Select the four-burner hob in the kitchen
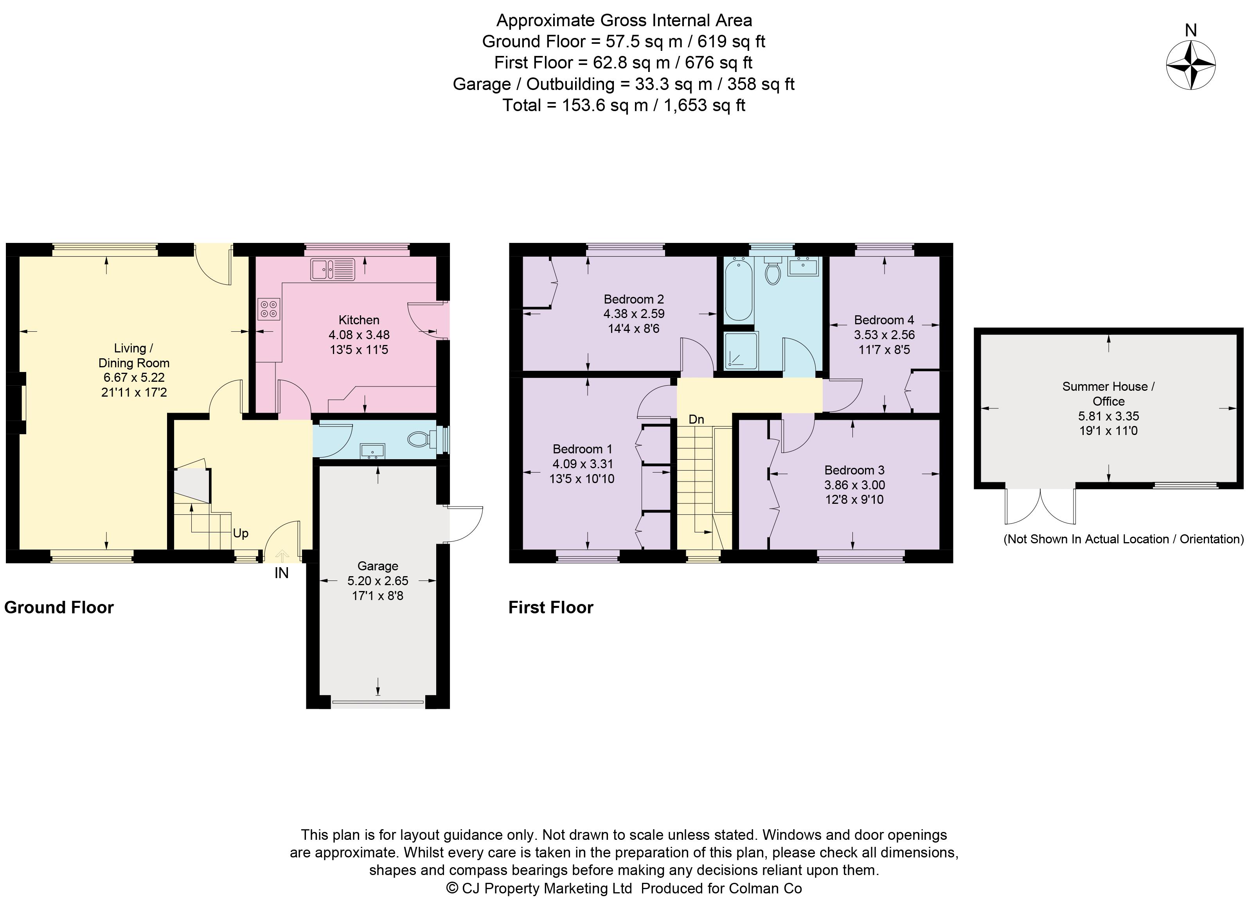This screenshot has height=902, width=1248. click(x=268, y=309)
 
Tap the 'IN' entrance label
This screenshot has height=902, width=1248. click(x=281, y=573)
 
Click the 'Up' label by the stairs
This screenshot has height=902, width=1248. click(x=241, y=533)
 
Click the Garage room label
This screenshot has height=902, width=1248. click(x=378, y=566)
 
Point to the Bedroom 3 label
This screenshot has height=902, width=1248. click(x=854, y=470)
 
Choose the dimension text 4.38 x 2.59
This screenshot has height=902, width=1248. click(x=634, y=314)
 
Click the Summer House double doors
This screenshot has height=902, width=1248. click(x=1040, y=506)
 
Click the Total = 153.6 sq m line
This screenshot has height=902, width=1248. click(x=624, y=105)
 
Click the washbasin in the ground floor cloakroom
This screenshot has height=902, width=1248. click(x=372, y=451)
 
